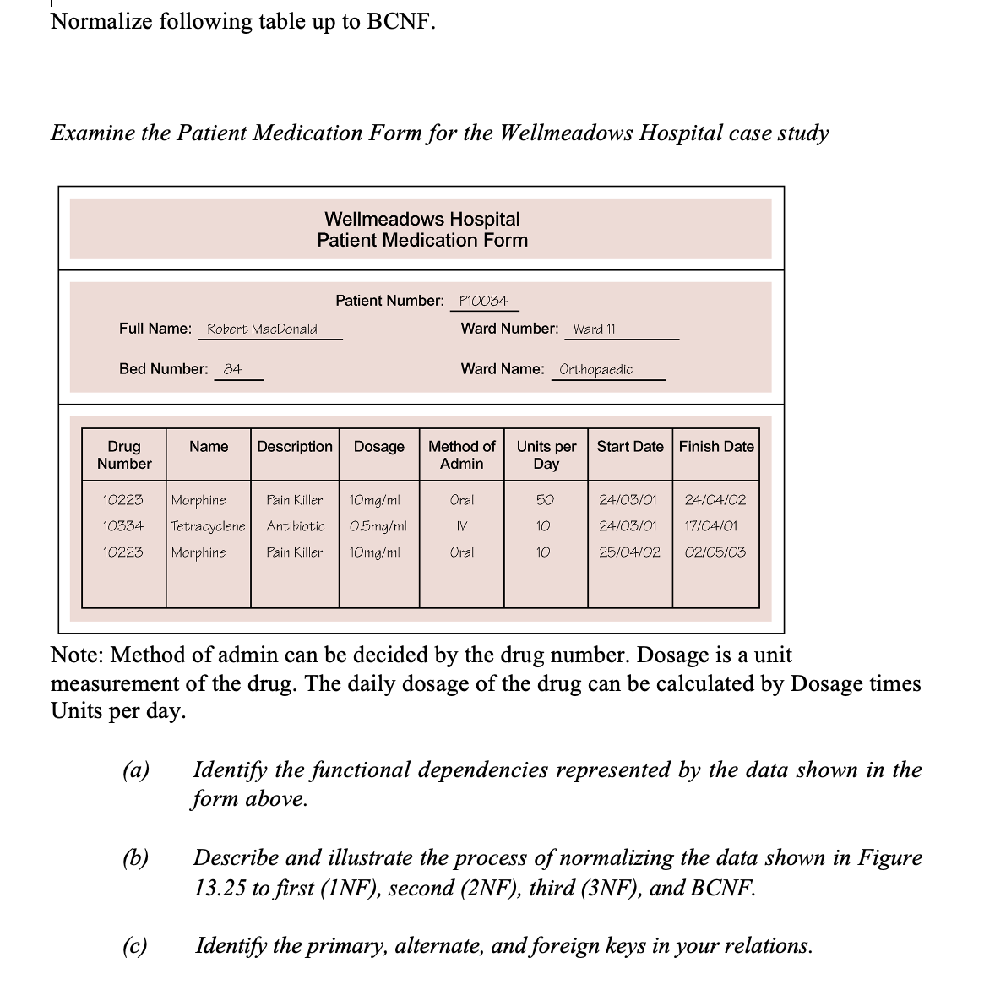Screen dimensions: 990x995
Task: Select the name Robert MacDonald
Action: [x=262, y=329]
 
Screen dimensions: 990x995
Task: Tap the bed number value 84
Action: [x=232, y=369]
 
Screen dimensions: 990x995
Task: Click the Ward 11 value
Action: [x=594, y=329]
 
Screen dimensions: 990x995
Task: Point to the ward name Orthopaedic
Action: [x=595, y=369]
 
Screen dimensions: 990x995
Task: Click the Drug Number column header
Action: [x=124, y=454]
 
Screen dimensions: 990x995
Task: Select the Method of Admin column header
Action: [x=461, y=454]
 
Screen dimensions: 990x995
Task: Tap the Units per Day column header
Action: [x=546, y=454]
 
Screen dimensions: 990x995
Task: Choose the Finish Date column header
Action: [x=716, y=446]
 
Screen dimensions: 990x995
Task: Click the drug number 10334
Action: [x=122, y=525]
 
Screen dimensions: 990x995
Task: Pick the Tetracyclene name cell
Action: [x=208, y=526]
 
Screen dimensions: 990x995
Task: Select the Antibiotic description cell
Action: [x=295, y=525]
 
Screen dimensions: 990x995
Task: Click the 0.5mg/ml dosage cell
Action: [x=378, y=525]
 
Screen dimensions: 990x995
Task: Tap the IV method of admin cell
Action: [x=461, y=525]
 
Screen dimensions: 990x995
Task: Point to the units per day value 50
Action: [x=545, y=499]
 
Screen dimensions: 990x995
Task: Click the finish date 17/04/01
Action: [x=715, y=525]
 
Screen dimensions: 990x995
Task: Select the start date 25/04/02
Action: [x=629, y=552]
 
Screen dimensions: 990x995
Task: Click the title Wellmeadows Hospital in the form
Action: [x=421, y=219]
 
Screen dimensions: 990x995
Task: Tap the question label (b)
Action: [x=135, y=857]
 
